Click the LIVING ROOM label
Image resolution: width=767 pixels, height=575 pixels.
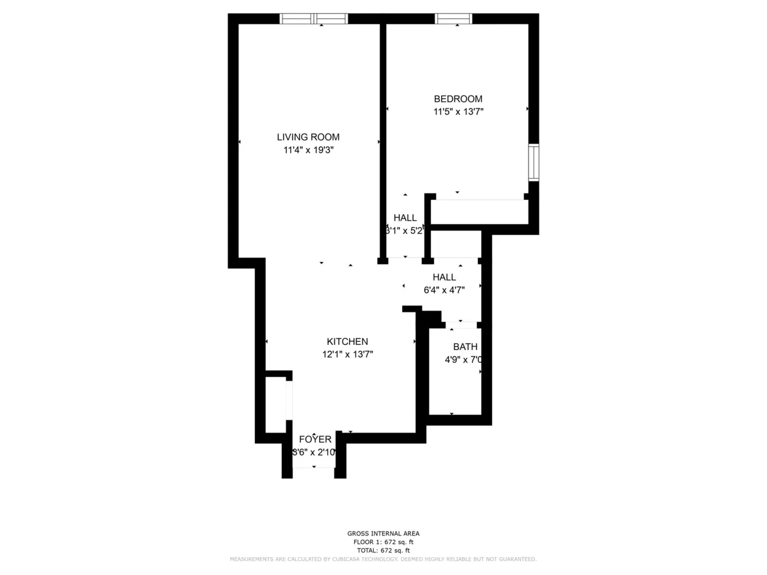click(308, 137)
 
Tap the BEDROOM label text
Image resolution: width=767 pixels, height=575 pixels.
click(458, 99)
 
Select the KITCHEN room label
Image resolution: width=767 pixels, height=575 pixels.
click(347, 342)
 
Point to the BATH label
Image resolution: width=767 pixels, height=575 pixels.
click(465, 347)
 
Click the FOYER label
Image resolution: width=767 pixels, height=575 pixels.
click(315, 440)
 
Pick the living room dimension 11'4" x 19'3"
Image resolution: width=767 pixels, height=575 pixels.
click(309, 150)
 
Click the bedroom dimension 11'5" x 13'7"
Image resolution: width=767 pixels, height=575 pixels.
click(458, 112)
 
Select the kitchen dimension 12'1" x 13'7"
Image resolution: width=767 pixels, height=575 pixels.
click(348, 355)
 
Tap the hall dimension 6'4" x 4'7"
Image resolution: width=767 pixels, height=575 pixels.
click(444, 289)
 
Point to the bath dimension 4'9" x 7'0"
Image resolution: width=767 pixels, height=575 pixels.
click(464, 360)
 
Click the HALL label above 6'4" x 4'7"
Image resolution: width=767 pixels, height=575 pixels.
click(444, 277)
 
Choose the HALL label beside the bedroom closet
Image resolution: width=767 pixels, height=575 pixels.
click(405, 218)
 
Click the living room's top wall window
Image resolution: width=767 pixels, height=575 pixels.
click(314, 19)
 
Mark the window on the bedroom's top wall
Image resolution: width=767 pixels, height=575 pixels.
click(454, 19)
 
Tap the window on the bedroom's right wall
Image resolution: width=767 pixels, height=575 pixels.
click(533, 163)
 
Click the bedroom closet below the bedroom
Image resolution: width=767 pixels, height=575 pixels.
click(479, 211)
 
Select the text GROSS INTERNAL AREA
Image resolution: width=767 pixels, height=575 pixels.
click(383, 533)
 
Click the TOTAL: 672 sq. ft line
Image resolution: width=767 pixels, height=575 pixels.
click(383, 550)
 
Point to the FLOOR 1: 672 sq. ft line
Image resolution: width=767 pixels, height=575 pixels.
click(383, 542)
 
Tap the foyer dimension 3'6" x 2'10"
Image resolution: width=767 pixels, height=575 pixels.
click(314, 452)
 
